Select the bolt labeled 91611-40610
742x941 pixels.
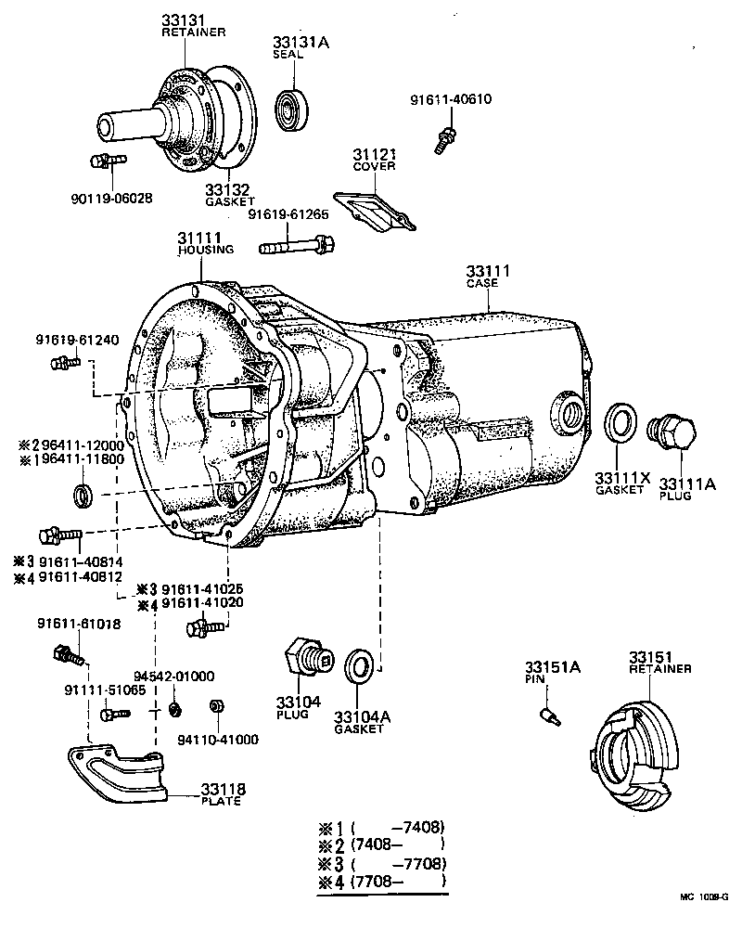point(443,140)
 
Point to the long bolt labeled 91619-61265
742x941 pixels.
point(297,247)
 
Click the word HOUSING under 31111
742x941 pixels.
point(206,250)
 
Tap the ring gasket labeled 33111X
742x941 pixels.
point(620,423)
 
